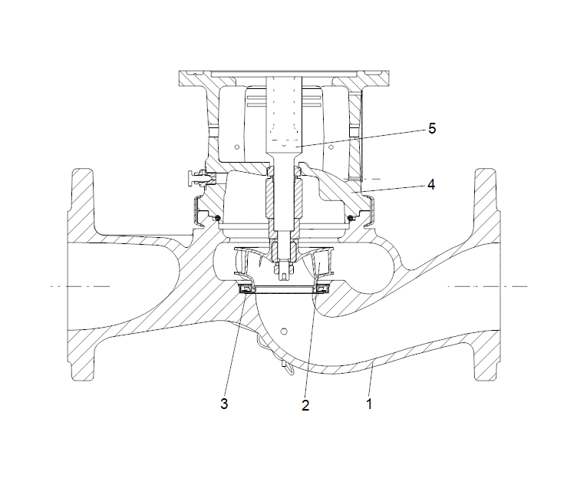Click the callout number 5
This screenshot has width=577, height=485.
[432, 128]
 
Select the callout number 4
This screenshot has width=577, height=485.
[431, 184]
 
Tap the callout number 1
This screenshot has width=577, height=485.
[369, 403]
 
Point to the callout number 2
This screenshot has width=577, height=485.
[305, 405]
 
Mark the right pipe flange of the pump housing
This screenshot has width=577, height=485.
[488, 272]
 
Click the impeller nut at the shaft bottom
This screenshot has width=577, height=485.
[285, 270]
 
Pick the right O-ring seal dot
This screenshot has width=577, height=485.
[351, 220]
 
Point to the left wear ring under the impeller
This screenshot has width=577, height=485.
[246, 288]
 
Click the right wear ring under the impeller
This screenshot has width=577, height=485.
[323, 288]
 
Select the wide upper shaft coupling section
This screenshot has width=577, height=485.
[285, 115]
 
